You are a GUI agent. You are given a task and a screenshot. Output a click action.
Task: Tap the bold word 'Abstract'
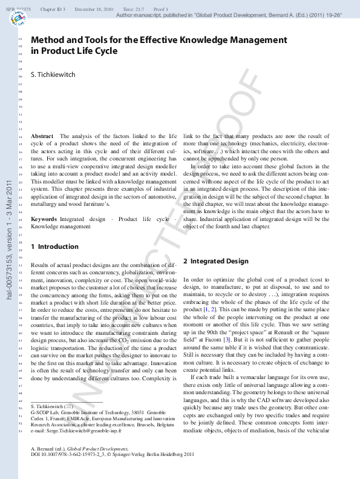tap(42, 136)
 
